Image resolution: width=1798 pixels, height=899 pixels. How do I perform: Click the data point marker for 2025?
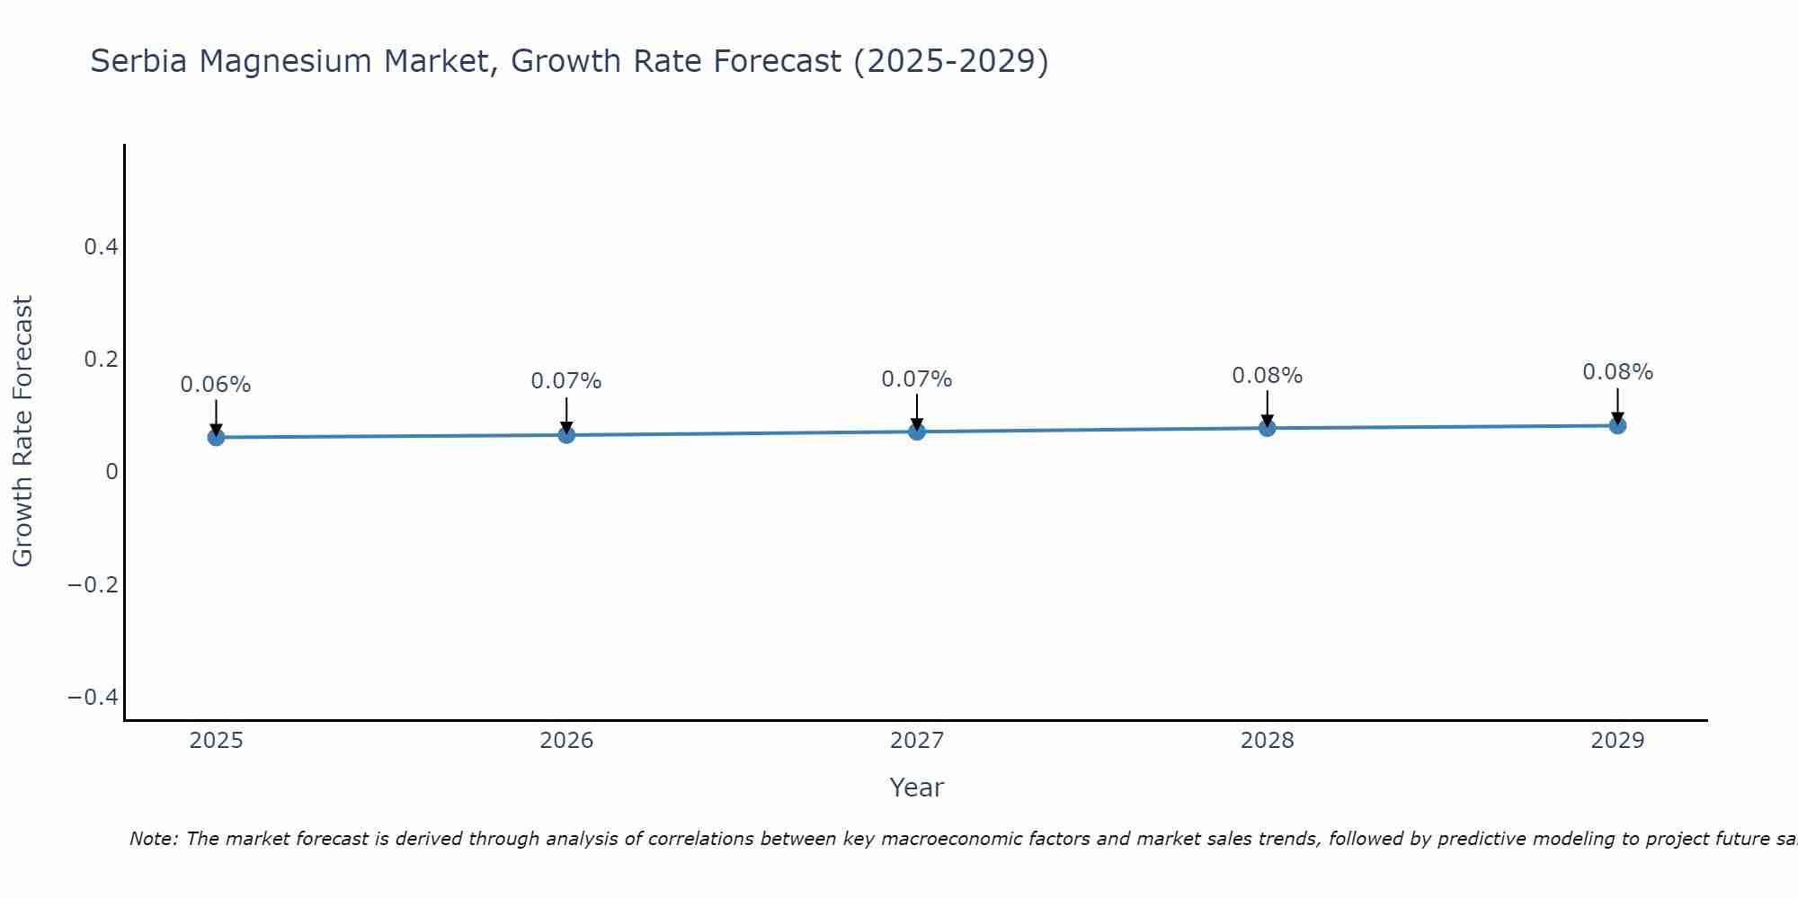point(216,437)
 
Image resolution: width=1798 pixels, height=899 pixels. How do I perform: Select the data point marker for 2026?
point(566,435)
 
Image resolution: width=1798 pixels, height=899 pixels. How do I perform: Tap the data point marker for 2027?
point(917,432)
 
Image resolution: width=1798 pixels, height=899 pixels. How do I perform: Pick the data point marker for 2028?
point(1267,428)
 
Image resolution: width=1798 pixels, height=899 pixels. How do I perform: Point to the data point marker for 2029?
point(1617,425)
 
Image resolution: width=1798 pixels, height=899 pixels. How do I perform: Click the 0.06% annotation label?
point(216,385)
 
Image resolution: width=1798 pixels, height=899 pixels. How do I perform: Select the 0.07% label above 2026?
point(566,381)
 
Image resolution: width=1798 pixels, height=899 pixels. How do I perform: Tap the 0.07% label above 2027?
point(917,379)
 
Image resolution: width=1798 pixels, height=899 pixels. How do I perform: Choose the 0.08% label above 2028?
point(1267,376)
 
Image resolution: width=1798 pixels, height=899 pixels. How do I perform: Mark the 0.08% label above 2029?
point(1617,372)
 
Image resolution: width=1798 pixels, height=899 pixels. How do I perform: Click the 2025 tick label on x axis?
point(217,741)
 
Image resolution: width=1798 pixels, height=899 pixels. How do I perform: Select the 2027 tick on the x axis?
point(917,741)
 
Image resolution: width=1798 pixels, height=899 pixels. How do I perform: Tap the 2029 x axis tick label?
point(1617,741)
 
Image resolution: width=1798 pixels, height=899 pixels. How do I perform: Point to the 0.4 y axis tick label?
point(101,246)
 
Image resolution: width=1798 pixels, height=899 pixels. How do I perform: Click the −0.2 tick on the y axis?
point(93,585)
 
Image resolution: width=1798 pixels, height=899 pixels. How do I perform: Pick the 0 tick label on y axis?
point(111,472)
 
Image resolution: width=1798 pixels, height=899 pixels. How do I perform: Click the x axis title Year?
point(916,788)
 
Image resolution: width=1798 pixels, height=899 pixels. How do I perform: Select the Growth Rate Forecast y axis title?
point(22,431)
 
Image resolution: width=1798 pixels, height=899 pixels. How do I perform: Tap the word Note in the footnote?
point(154,839)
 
